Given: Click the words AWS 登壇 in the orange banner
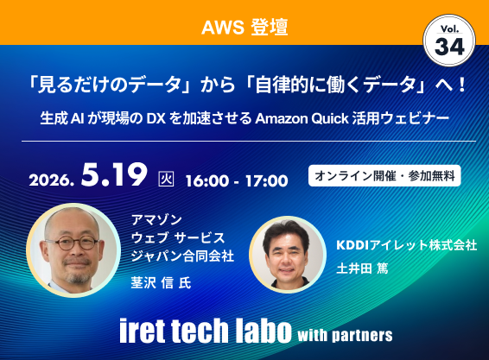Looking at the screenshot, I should pos(244,27).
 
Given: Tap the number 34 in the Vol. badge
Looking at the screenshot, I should pos(449,48).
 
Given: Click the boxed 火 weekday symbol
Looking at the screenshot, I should pos(167,180).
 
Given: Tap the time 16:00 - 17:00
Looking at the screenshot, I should pos(236,180).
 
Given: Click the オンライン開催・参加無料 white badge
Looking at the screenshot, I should pos(384,174).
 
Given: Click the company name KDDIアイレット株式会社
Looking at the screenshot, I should pos(406,245).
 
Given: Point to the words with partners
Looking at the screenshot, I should pos(344,333).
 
